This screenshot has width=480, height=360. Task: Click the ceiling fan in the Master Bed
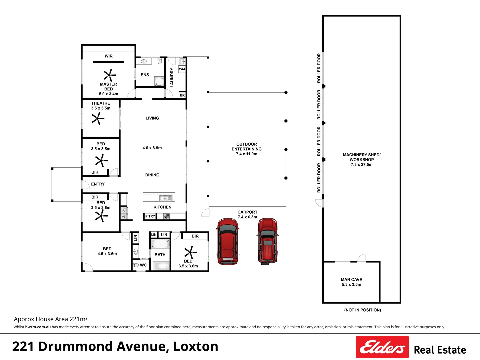110,75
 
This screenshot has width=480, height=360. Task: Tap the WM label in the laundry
182,69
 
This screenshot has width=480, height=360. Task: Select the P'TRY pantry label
150,216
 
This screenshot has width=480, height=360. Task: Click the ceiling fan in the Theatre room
98,119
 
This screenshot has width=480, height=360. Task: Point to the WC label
143,265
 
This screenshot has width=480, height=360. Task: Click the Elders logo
382,347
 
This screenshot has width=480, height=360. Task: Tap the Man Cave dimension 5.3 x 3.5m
351,284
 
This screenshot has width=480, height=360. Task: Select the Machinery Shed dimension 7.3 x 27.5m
361,164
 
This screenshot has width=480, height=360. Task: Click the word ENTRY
98,184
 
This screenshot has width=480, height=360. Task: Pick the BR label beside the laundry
182,95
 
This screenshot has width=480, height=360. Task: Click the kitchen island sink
166,198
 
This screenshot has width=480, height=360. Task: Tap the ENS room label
145,75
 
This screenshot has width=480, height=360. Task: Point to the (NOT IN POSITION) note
363,310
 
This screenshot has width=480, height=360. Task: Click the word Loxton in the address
196,346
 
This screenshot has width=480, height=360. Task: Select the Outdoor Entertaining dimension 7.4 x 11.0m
246,154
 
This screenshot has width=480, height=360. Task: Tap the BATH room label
160,255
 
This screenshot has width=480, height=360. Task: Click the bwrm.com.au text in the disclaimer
38,327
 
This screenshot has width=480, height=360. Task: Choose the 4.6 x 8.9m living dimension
152,148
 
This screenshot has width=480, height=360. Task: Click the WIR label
108,56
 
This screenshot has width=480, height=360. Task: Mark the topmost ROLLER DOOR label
319,68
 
